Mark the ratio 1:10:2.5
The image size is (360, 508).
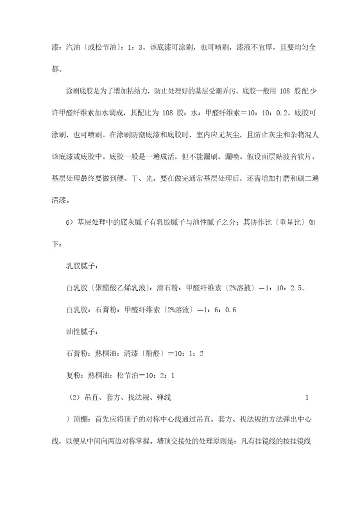281,288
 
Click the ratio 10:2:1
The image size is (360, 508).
157,375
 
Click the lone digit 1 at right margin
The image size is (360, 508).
306,398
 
